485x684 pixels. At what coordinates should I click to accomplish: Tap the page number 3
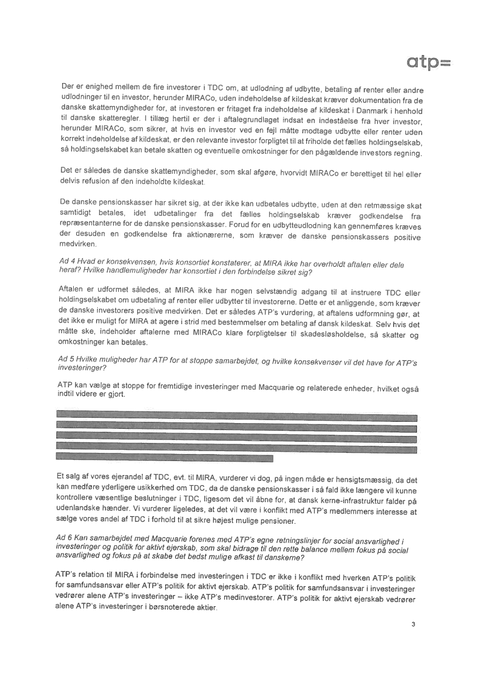pyautogui.click(x=413, y=624)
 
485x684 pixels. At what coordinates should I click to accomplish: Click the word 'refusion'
pyautogui.click(x=97, y=183)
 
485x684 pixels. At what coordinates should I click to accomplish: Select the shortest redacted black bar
pyautogui.click(x=165, y=458)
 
